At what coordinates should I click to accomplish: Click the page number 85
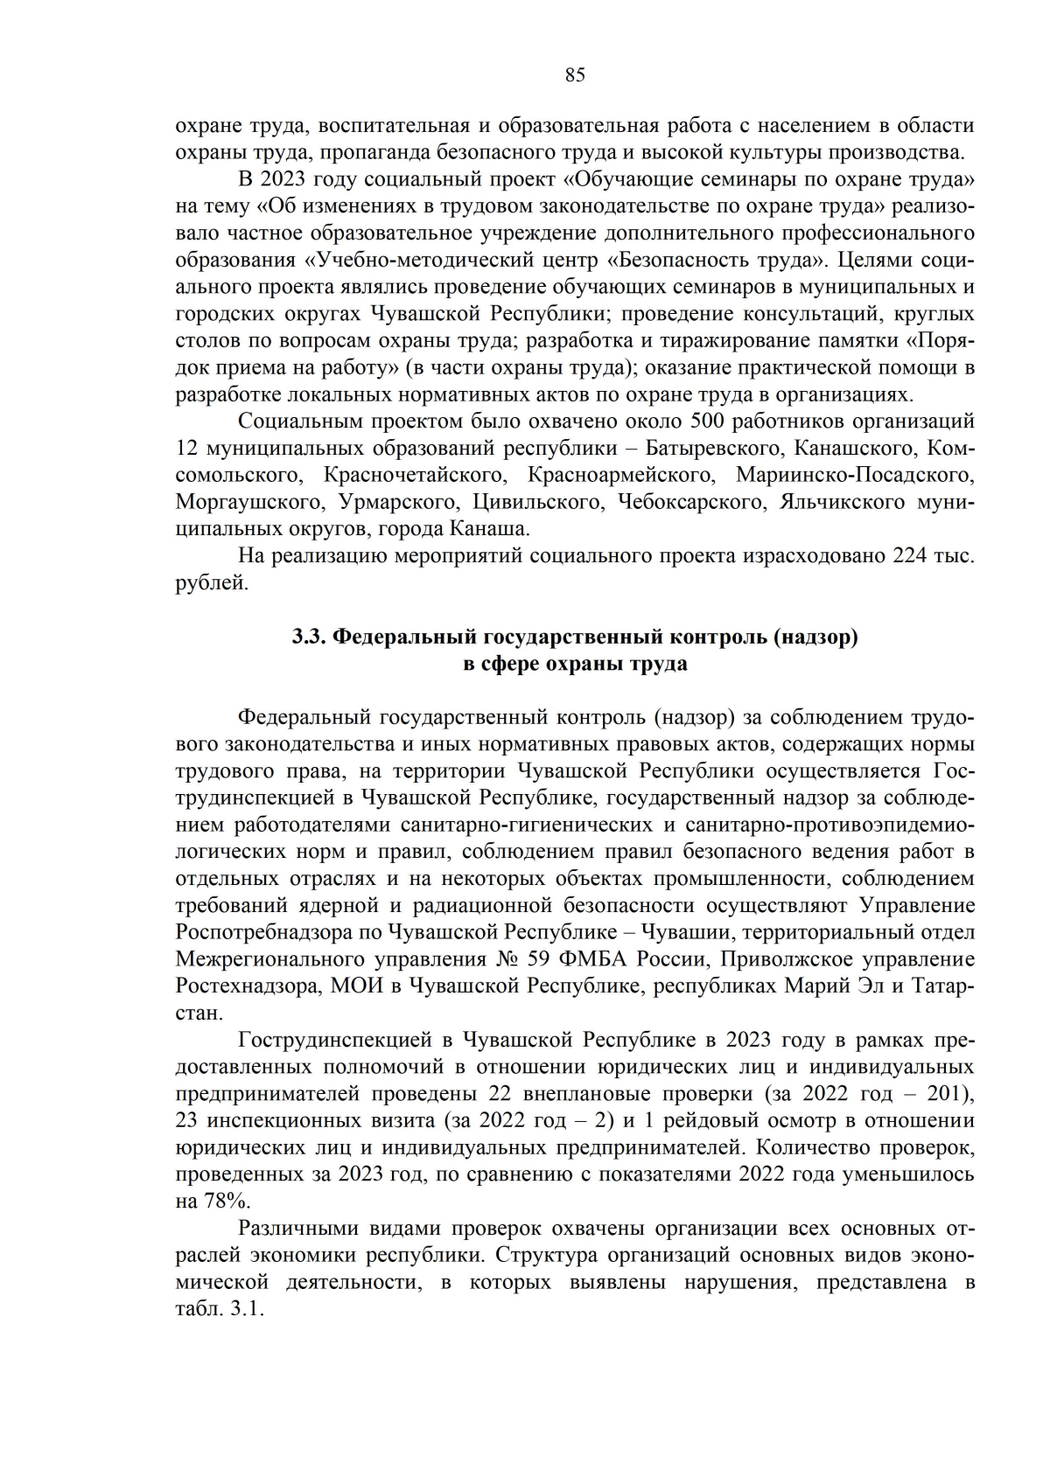coord(574,75)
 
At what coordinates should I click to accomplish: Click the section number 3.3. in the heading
coord(310,637)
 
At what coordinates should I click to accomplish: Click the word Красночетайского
coord(414,475)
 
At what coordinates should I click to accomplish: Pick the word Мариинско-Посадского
coord(855,475)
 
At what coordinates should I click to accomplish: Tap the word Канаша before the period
coord(487,529)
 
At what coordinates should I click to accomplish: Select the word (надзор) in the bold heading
coord(815,637)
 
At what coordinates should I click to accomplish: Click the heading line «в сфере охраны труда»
coord(574,664)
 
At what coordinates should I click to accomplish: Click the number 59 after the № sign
coord(540,959)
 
